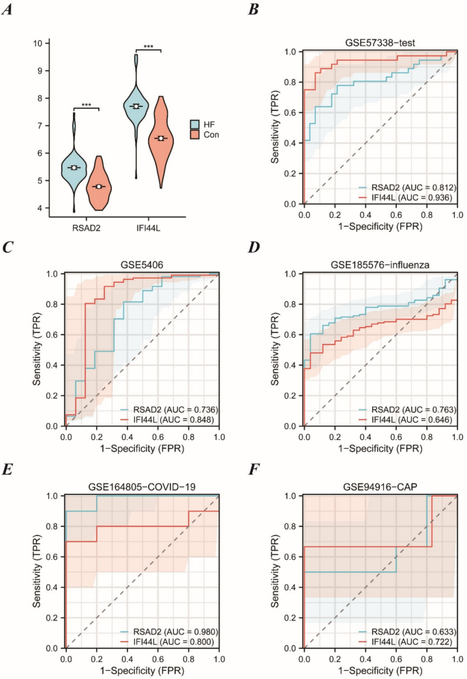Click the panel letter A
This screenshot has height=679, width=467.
point(12,11)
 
